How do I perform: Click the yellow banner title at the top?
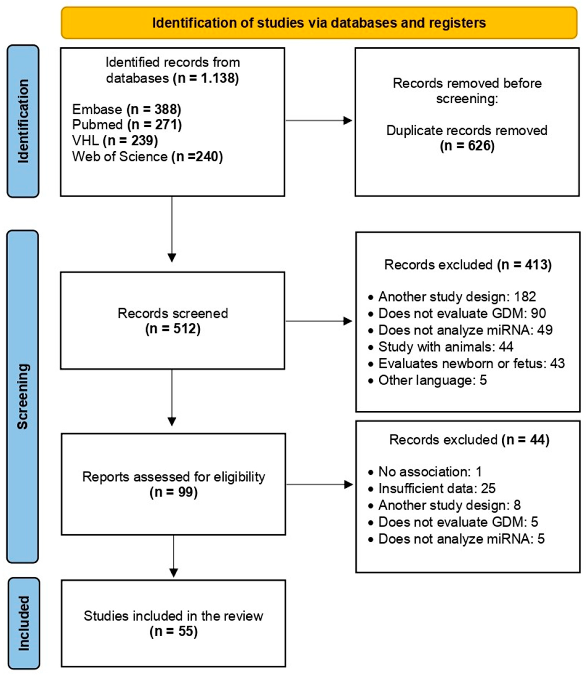pyautogui.click(x=319, y=23)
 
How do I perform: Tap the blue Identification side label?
pyautogui.click(x=23, y=121)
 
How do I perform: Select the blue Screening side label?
pyautogui.click(x=22, y=396)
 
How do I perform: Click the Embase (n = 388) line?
pyautogui.click(x=126, y=109)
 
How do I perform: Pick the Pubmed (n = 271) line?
pyautogui.click(x=127, y=125)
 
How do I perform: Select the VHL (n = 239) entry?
pyautogui.click(x=115, y=141)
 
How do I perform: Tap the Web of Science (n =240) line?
pyautogui.click(x=147, y=157)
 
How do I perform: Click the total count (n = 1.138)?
pyautogui.click(x=206, y=78)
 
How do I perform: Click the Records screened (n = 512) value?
pyautogui.click(x=173, y=329)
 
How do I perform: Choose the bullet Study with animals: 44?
pyautogui.click(x=445, y=347)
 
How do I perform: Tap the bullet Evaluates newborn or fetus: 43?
pyautogui.click(x=471, y=363)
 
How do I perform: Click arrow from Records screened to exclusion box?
pyautogui.click(x=319, y=321)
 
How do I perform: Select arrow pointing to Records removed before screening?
pyautogui.click(x=319, y=121)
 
